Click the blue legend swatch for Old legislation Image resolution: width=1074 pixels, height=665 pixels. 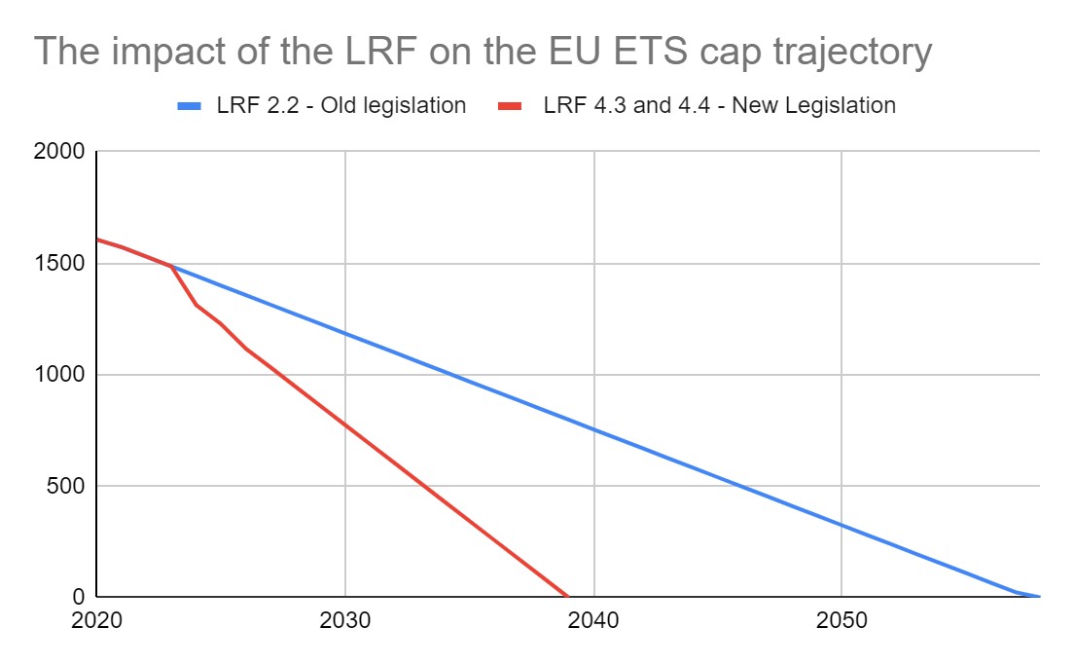click(190, 106)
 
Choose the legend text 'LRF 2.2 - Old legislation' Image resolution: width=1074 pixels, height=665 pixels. click(341, 105)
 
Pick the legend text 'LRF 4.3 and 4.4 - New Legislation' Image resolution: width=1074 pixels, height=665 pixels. click(719, 105)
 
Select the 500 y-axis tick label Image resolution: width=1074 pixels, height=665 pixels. click(69, 486)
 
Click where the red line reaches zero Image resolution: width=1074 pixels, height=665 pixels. click(567, 596)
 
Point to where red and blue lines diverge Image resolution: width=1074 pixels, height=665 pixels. click(172, 266)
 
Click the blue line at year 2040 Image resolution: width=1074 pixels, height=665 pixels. click(593, 428)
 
